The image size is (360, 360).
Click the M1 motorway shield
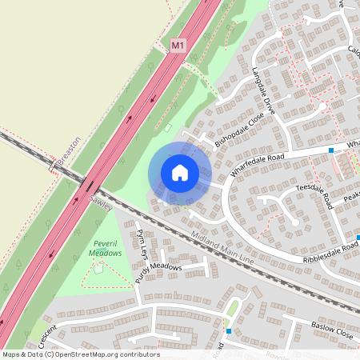coord(178,47)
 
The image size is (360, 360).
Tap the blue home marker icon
coord(180,173)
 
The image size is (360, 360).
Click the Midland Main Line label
coord(223,247)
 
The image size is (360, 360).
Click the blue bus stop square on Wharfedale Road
coord(331,150)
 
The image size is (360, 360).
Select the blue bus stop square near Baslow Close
coord(229,330)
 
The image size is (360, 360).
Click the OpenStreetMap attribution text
coord(80,354)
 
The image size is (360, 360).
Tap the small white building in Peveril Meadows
coord(98,269)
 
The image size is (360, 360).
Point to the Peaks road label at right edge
coord(351,197)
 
